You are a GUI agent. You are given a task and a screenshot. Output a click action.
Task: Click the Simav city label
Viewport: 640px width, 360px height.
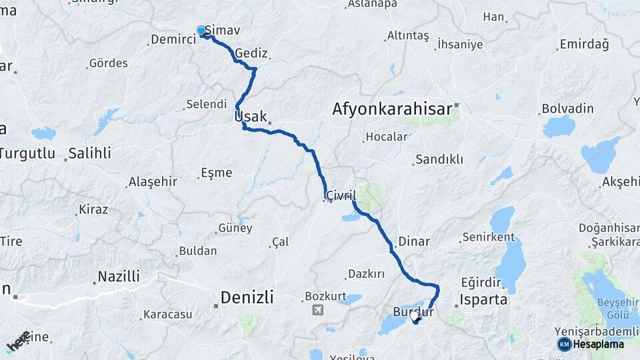(x=223, y=31)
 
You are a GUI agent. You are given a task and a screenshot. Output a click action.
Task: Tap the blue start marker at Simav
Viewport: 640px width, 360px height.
(x=201, y=30)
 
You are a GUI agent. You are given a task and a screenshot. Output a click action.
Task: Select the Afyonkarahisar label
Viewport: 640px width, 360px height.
(x=392, y=109)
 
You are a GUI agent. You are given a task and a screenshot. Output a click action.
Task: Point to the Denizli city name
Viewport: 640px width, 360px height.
(x=247, y=297)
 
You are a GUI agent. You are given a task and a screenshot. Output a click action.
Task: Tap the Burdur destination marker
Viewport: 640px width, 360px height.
(x=415, y=321)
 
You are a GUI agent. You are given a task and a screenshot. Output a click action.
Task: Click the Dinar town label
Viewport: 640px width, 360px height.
(x=414, y=241)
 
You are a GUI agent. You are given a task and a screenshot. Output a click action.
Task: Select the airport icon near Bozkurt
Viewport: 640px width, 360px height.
(x=317, y=309)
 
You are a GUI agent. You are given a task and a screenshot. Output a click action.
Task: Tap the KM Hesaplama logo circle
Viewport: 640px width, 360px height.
(x=564, y=344)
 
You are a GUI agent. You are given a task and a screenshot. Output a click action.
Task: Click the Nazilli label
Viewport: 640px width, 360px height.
(x=119, y=276)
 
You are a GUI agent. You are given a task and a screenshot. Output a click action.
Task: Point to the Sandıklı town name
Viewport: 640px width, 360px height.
(x=439, y=160)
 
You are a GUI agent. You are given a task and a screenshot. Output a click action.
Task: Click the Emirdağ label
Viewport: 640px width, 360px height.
(x=585, y=45)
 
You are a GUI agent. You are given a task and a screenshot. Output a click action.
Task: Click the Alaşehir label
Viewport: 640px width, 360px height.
(x=153, y=182)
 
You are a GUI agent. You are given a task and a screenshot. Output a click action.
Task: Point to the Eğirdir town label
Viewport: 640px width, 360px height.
(x=479, y=283)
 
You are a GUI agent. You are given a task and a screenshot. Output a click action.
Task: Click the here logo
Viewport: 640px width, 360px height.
(x=17, y=341)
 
